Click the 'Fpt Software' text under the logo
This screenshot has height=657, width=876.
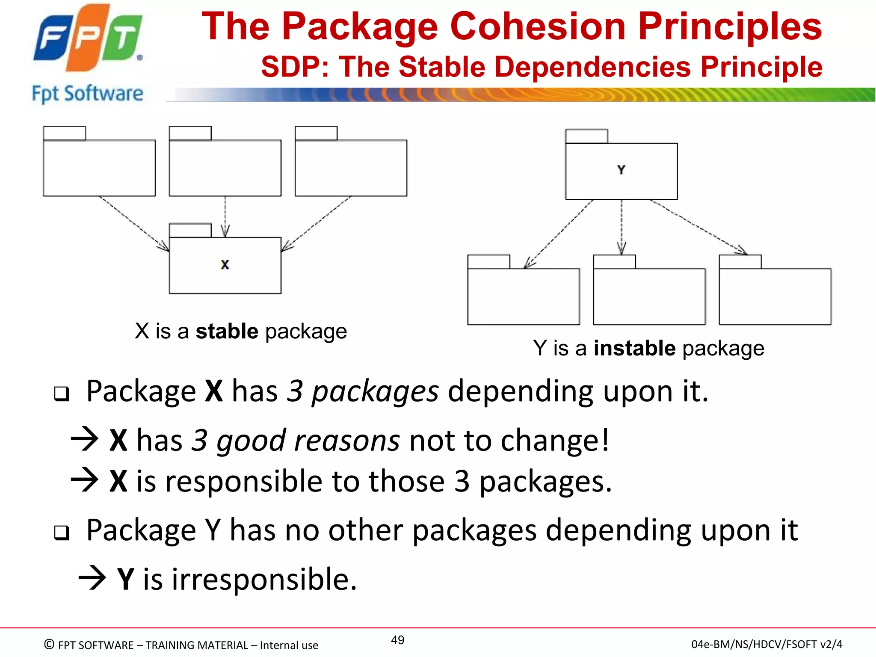pyautogui.click(x=88, y=94)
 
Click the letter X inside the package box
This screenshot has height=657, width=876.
pyautogui.click(x=225, y=265)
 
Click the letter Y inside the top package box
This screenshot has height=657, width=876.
pyautogui.click(x=621, y=170)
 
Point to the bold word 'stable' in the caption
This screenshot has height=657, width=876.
pyautogui.click(x=227, y=331)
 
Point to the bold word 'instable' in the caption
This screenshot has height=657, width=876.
pyautogui.click(x=634, y=348)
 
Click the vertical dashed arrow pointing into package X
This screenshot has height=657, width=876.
pyautogui.click(x=225, y=216)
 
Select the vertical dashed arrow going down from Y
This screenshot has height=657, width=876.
pyautogui.click(x=621, y=227)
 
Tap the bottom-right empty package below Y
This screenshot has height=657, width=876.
pyautogui.click(x=775, y=295)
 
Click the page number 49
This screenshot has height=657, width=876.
pyautogui.click(x=397, y=640)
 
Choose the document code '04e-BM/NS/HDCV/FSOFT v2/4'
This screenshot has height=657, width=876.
pyautogui.click(x=766, y=644)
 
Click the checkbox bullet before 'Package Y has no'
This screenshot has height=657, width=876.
pyautogui.click(x=62, y=533)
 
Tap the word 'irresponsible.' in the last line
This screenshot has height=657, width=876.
pyautogui.click(x=264, y=579)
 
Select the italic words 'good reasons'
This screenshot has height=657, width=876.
pyautogui.click(x=308, y=441)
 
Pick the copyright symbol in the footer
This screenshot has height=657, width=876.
pyautogui.click(x=49, y=644)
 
